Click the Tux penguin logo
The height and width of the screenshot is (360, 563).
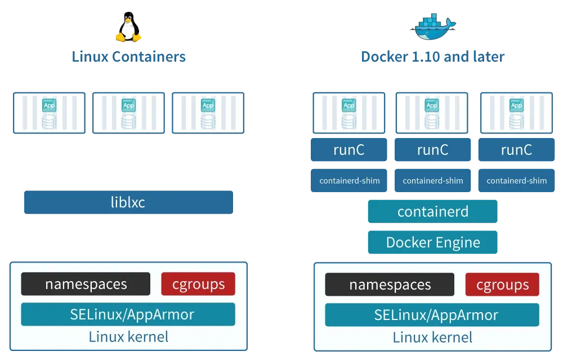tap(129, 29)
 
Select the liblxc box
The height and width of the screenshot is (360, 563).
tap(128, 203)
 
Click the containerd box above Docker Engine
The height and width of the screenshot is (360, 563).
tap(432, 212)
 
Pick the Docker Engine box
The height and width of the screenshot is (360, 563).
tap(432, 243)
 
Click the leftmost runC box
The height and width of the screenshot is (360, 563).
tap(349, 150)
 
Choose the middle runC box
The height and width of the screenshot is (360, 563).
tap(432, 150)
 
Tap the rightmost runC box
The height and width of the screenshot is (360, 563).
tap(516, 150)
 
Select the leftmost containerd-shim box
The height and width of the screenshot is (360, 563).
tap(349, 181)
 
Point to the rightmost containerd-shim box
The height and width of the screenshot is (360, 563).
tap(516, 181)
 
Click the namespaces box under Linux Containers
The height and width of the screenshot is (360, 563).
tap(86, 284)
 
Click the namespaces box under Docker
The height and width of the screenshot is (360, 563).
tap(390, 285)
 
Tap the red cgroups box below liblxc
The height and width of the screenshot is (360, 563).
tap(198, 284)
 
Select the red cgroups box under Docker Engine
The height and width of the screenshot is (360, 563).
tap(502, 285)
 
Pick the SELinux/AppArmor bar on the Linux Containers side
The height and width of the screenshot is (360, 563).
tap(128, 314)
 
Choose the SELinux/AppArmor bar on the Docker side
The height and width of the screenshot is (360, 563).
tap(432, 315)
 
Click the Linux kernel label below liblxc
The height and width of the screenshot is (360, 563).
tap(128, 337)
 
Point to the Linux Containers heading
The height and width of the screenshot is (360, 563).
tap(129, 57)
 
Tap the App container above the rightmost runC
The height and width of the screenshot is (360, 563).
tap(516, 113)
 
